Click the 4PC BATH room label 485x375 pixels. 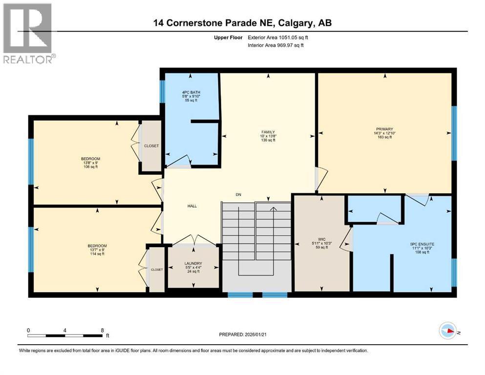(x=191, y=92)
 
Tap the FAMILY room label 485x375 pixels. (x=268, y=132)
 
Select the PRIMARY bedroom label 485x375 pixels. (x=384, y=129)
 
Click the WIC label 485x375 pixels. (x=322, y=239)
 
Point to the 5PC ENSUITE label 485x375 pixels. (x=422, y=244)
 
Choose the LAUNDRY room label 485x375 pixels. (x=193, y=263)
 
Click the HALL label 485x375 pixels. (x=192, y=206)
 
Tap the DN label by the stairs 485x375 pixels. (x=238, y=195)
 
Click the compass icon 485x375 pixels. (x=448, y=331)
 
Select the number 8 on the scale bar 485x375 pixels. (x=103, y=330)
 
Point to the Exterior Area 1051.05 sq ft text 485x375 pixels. (x=278, y=38)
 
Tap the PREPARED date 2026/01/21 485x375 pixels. (x=255, y=334)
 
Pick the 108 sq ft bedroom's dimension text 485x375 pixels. (x=91, y=163)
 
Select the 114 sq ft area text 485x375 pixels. (x=97, y=254)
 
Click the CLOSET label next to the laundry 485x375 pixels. (x=157, y=270)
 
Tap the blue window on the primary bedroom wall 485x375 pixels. (x=454, y=133)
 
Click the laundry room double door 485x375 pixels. (x=194, y=241)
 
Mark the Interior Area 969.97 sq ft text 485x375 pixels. (x=275, y=45)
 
